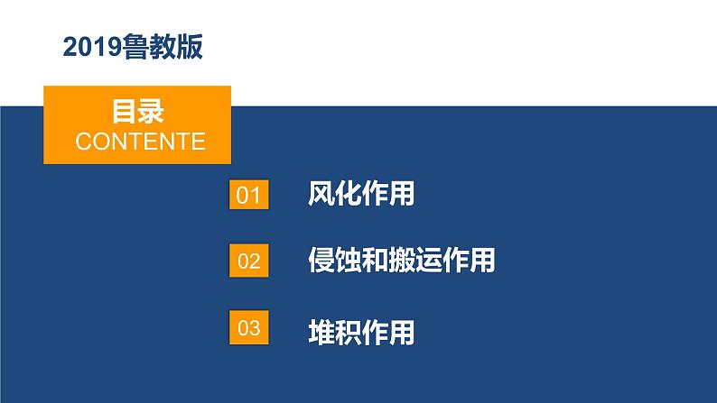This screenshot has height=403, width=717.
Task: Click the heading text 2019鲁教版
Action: click(133, 47)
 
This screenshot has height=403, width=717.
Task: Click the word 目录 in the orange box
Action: click(137, 111)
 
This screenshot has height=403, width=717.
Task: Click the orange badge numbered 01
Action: click(248, 195)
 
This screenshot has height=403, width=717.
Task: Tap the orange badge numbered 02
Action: click(248, 261)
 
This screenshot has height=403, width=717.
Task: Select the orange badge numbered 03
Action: click(248, 329)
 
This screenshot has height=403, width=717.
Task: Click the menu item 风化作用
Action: click(361, 194)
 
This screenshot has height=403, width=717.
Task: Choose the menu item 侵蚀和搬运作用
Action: click(402, 261)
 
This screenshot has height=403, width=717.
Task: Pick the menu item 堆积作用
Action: click(361, 331)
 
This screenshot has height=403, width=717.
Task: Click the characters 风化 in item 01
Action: click(335, 194)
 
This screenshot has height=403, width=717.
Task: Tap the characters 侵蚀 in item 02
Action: click(335, 261)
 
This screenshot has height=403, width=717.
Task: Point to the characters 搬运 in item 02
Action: click(415, 261)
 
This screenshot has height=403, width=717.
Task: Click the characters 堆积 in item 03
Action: click(335, 331)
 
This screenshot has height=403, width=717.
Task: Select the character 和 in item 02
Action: click(376, 261)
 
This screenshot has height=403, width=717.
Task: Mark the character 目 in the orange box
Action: click(124, 111)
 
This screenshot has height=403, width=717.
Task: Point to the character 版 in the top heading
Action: click(189, 47)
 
